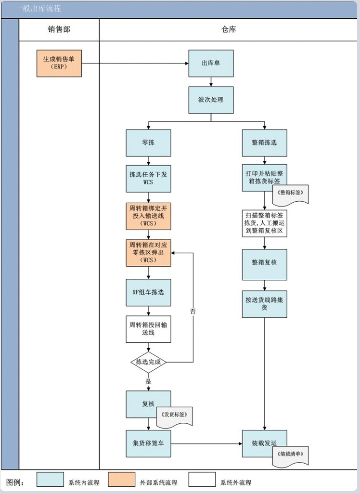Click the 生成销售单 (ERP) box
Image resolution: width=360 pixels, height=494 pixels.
tap(59, 63)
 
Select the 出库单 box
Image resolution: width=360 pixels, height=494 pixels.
tap(211, 63)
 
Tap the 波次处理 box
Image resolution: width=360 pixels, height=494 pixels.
tap(211, 100)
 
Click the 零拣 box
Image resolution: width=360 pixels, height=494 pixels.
tap(148, 143)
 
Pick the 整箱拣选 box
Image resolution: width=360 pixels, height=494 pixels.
tap(264, 143)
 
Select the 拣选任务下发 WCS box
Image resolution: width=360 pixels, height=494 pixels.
tap(148, 179)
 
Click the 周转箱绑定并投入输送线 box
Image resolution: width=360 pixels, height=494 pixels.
tap(148, 215)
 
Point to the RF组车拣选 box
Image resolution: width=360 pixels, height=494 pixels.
tap(148, 292)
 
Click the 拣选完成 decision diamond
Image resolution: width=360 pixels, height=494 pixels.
tap(148, 362)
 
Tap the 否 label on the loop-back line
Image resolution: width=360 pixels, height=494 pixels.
tap(193, 312)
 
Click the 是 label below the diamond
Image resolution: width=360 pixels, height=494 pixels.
tap(148, 381)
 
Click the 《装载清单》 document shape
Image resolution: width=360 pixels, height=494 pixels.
tap(290, 455)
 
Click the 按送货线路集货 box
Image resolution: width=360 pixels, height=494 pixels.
tap(264, 304)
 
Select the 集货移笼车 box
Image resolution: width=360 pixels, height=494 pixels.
tap(148, 442)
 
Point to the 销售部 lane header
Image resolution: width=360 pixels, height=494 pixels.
tap(59, 29)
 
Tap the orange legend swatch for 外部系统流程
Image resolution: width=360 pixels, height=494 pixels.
tap(121, 480)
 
